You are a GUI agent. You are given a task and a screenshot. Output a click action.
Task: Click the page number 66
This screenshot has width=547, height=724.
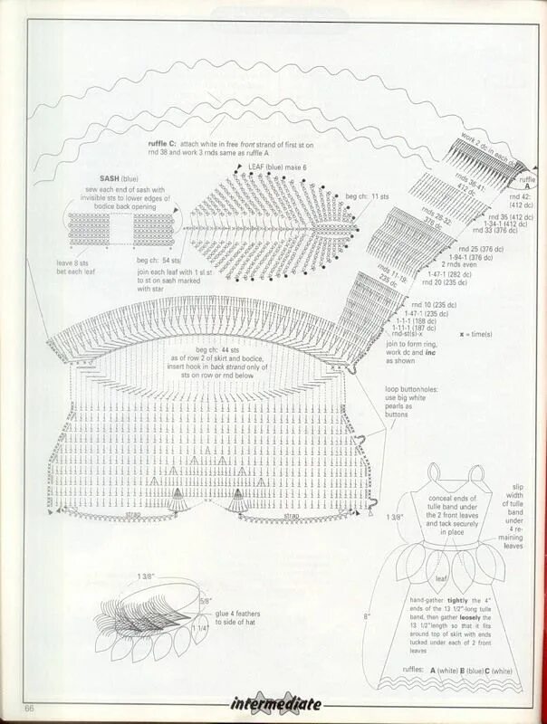(29, 707)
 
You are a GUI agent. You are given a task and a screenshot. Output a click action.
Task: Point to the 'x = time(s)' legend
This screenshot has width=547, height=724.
(479, 335)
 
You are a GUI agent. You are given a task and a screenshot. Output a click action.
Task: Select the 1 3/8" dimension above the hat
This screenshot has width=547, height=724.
(146, 576)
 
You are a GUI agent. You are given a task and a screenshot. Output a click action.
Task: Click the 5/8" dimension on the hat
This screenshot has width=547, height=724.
(206, 600)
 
